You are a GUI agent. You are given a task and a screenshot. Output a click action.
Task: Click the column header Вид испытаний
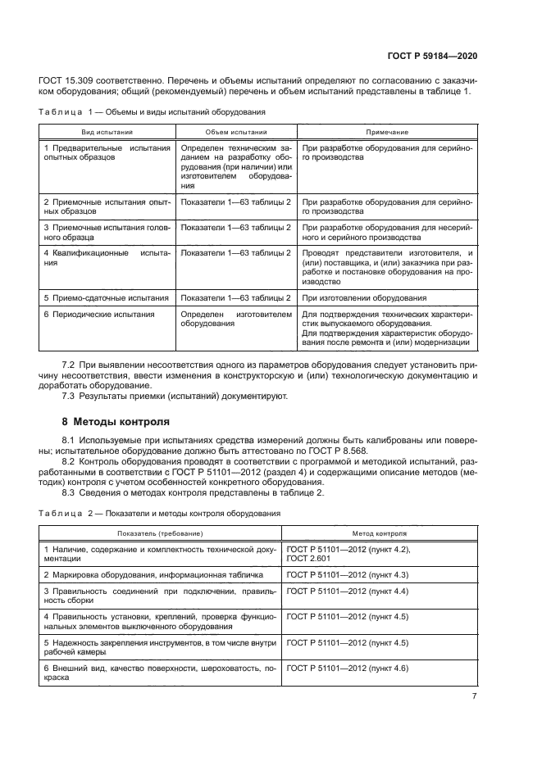(107, 132)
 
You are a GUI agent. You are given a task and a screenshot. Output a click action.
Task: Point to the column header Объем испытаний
(235, 132)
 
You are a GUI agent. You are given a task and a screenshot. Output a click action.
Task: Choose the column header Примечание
(387, 132)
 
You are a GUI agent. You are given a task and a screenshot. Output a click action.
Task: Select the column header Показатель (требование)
(160, 533)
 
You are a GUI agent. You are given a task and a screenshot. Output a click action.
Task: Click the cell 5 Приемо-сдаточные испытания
(107, 298)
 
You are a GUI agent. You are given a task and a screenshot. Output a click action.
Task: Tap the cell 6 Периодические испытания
(99, 314)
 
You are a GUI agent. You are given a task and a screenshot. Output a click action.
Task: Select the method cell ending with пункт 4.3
(347, 574)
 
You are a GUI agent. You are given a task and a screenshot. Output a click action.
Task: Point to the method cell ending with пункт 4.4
(347, 591)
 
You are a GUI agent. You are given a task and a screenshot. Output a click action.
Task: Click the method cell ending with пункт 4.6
(347, 669)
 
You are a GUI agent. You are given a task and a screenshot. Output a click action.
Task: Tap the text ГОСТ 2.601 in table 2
(307, 558)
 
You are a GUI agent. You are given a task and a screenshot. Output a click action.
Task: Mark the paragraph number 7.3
(69, 397)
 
